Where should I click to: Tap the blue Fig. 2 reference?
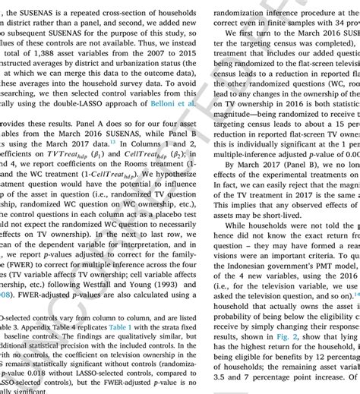pos(282,354)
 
